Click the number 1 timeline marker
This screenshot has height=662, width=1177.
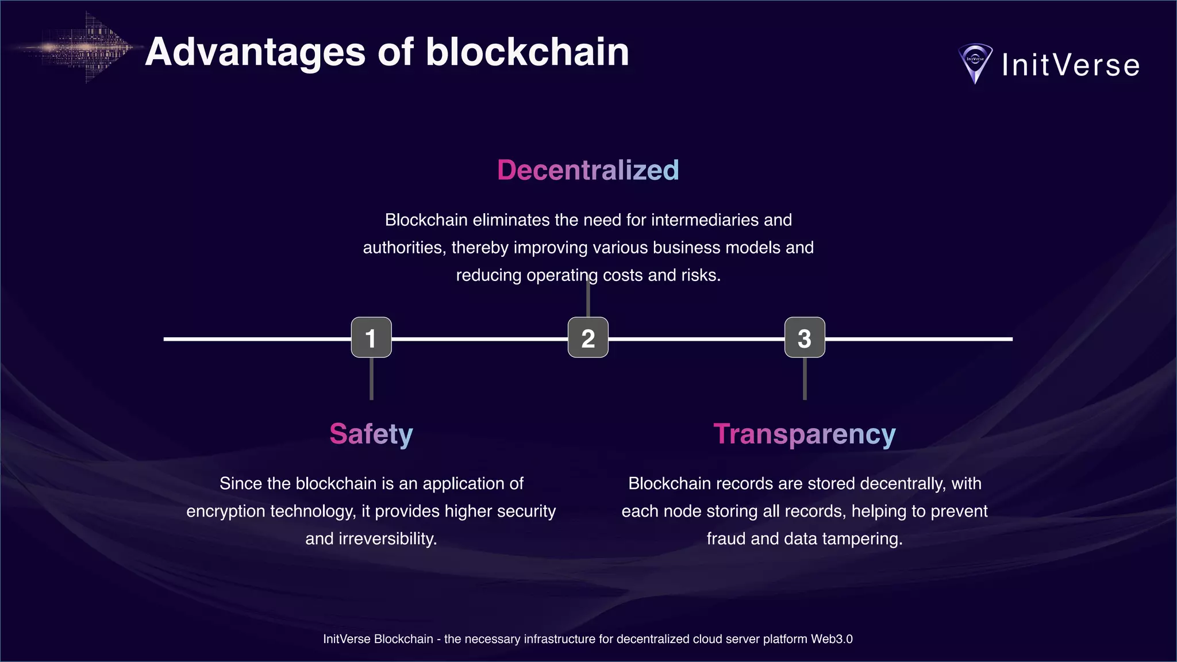pyautogui.click(x=371, y=338)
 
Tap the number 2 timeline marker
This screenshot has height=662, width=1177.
pyautogui.click(x=588, y=338)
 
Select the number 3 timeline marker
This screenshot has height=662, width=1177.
pyautogui.click(x=805, y=338)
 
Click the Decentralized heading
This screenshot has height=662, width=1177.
pyautogui.click(x=588, y=170)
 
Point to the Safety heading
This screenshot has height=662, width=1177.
pyautogui.click(x=371, y=434)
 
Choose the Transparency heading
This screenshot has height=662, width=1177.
pyautogui.click(x=805, y=434)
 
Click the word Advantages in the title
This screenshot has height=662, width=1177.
pyautogui.click(x=255, y=53)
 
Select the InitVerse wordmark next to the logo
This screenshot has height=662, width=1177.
pyautogui.click(x=1071, y=65)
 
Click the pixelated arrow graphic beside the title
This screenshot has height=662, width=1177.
pyautogui.click(x=86, y=48)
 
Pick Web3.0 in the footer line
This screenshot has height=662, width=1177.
pyautogui.click(x=832, y=639)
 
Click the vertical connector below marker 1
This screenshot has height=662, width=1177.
pyautogui.click(x=371, y=379)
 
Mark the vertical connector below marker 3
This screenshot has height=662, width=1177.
pyautogui.click(x=805, y=379)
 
